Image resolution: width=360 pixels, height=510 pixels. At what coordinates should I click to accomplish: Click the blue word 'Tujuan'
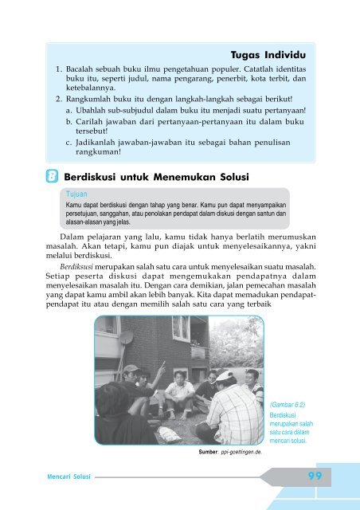click(x=77, y=194)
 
